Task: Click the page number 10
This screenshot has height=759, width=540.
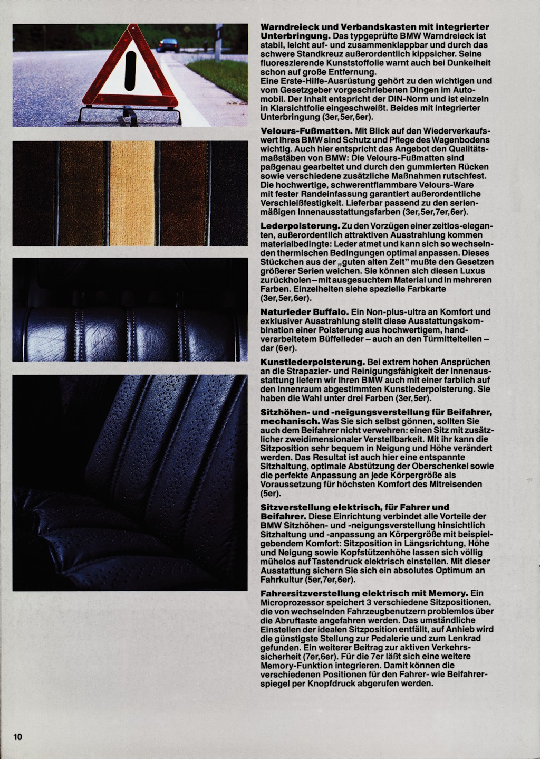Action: pyautogui.click(x=18, y=737)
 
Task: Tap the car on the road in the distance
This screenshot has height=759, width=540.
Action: pyautogui.click(x=168, y=45)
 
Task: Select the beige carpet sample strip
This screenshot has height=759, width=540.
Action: pyautogui.click(x=132, y=193)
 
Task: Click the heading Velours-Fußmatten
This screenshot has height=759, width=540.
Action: pyautogui.click(x=298, y=130)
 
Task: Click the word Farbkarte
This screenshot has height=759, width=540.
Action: pyautogui.click(x=428, y=289)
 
